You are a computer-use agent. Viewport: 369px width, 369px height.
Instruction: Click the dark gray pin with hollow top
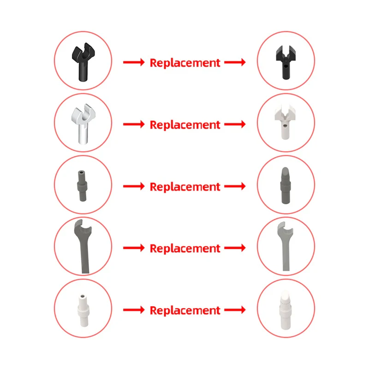click(82, 186)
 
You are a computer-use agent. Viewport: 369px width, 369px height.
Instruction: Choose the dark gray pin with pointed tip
click(285, 185)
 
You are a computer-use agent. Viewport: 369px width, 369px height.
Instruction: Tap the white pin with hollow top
click(83, 310)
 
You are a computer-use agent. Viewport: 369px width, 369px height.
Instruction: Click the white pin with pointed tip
click(286, 310)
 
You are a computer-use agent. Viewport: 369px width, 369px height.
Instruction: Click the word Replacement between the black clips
click(185, 63)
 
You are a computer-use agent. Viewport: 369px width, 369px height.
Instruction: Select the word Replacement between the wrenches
click(185, 249)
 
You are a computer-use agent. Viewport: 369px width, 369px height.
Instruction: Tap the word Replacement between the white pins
click(185, 310)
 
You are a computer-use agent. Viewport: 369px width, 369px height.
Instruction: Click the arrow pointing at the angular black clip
click(235, 62)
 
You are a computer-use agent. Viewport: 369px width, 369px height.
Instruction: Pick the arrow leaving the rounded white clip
click(134, 124)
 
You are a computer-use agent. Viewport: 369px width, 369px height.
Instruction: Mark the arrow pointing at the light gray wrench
click(235, 248)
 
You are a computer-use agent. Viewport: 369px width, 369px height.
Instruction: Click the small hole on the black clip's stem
click(286, 66)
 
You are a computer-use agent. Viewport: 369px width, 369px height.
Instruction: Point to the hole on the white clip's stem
click(285, 126)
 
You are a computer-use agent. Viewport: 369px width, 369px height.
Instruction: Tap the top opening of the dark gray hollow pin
click(82, 172)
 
